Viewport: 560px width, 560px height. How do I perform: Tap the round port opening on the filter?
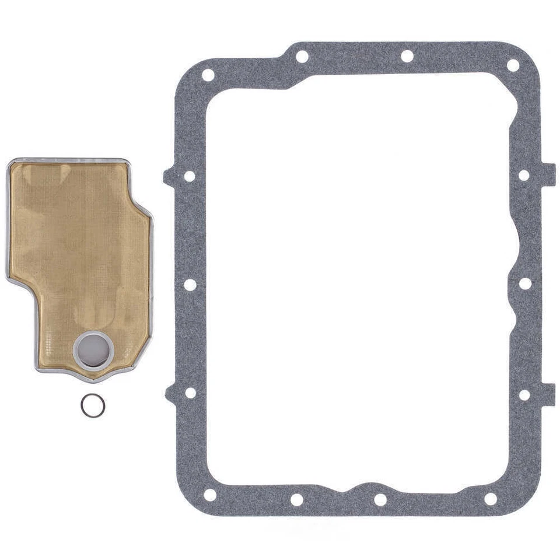point(93,349)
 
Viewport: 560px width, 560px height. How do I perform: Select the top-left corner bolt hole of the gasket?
point(208,75)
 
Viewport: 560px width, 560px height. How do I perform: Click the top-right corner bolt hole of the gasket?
point(513,65)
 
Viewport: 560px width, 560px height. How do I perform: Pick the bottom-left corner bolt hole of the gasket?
point(209,495)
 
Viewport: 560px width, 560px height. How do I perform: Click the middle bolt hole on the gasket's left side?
point(190,285)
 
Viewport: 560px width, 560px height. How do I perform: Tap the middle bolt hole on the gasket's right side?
point(525,283)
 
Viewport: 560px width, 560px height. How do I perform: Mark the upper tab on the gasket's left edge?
point(169,176)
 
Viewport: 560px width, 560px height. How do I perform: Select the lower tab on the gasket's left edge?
point(170,394)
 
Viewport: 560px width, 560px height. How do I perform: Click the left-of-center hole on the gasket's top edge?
point(302,57)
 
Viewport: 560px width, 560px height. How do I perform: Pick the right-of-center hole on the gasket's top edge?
point(407,57)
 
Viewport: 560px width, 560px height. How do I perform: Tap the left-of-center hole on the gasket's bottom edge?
point(297,499)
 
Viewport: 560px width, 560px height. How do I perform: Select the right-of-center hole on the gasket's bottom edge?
point(380,500)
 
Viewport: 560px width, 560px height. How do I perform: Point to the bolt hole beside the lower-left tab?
point(190,393)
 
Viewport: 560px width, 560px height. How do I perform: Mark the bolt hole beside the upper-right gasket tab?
point(524,175)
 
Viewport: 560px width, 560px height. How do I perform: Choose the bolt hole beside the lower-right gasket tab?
point(524,395)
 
